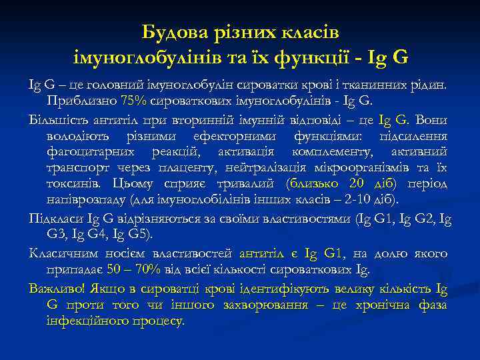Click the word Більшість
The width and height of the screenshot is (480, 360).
pos(56,120)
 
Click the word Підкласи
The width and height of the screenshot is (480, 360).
pos(53,218)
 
